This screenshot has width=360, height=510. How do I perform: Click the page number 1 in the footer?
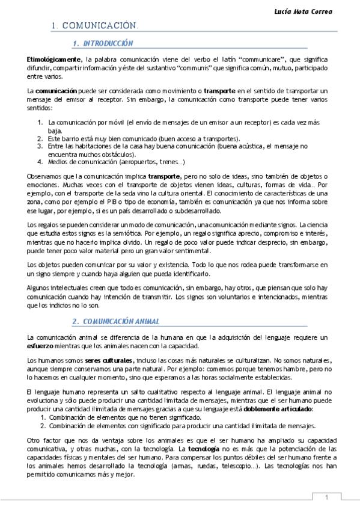point(326,497)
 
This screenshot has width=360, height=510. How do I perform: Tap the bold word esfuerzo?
point(40,345)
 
